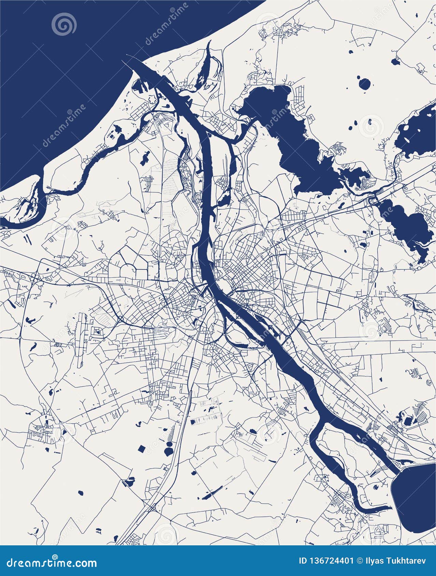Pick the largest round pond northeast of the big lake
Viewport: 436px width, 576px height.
coord(364,84)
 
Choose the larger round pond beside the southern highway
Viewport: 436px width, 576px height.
coord(168,452)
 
